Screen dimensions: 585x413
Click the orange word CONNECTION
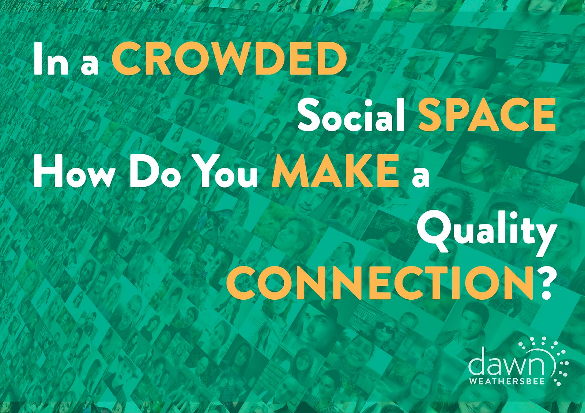380,283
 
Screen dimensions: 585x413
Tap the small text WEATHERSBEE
507,382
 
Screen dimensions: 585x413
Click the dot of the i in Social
375,103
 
